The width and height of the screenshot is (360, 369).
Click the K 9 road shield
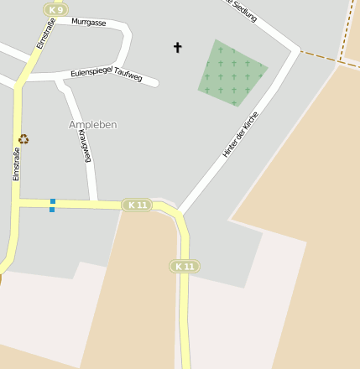56,9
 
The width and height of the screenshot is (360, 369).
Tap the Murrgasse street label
89,22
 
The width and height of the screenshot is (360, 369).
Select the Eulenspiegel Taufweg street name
107,75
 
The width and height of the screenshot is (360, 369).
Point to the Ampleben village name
92,124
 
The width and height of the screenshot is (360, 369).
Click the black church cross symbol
177,48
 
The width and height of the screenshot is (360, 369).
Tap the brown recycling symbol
23,139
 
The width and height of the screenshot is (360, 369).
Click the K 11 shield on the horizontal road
137,205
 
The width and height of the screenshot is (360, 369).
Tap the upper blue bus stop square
52,201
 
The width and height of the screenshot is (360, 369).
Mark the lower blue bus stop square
52,210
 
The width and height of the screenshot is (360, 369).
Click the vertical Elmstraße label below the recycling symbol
16,164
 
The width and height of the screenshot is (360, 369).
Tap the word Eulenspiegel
91,73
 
